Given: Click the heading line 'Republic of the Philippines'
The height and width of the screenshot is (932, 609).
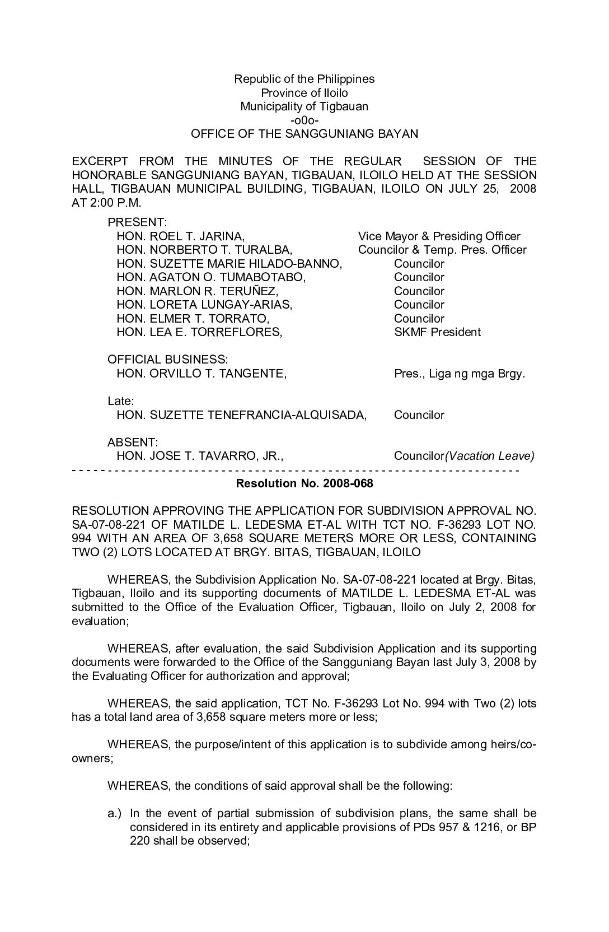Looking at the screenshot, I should (x=304, y=79).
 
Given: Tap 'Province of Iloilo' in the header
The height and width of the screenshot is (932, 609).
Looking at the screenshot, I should (x=304, y=93).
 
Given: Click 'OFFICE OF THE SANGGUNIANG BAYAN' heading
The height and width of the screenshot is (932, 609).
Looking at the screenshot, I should (x=304, y=134).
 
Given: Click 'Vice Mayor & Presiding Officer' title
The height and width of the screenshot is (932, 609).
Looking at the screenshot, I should (x=439, y=236).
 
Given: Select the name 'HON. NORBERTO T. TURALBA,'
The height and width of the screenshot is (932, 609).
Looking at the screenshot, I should (x=204, y=250).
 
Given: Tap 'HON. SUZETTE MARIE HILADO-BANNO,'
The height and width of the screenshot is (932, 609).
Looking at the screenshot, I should (x=229, y=264).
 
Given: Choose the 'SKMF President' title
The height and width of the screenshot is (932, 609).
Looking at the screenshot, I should (x=437, y=332).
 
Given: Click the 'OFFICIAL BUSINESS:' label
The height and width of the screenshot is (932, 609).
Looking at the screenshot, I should (x=167, y=360).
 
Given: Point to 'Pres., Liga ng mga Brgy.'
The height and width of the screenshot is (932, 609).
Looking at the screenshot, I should (x=460, y=374).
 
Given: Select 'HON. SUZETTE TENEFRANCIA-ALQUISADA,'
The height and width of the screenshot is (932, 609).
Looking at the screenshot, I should (x=241, y=415).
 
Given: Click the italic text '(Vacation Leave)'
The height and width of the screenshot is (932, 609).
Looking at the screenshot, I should (x=489, y=456).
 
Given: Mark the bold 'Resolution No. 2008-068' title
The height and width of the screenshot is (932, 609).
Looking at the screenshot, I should (x=304, y=483).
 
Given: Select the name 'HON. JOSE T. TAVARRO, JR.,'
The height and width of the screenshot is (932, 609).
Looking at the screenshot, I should (x=200, y=456).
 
